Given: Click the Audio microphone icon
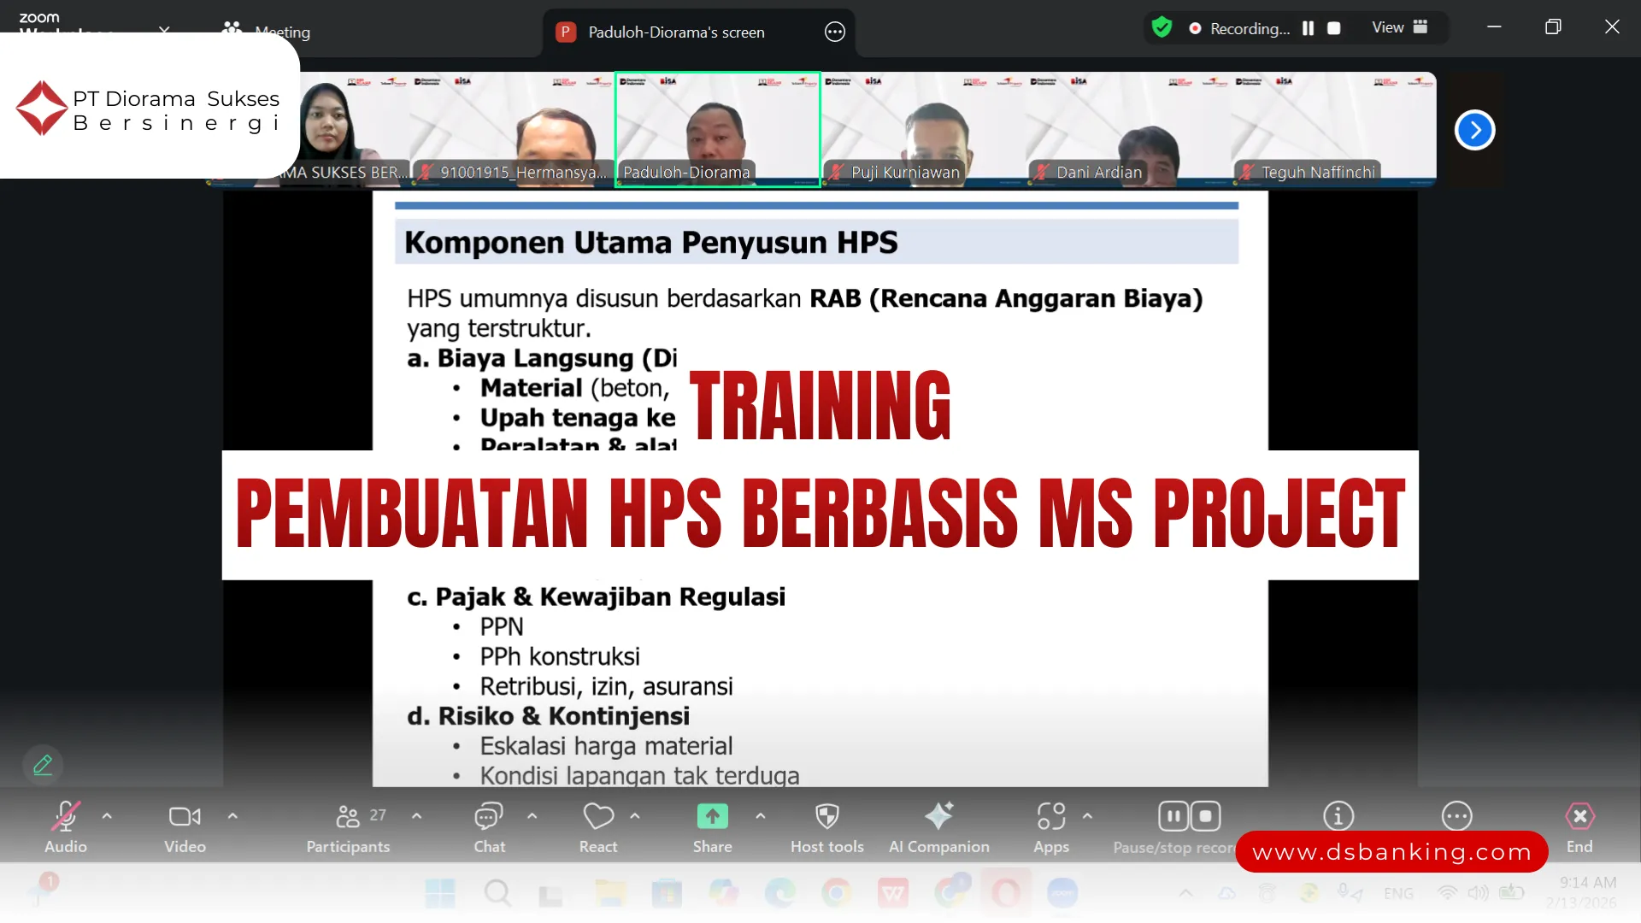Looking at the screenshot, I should tap(66, 817).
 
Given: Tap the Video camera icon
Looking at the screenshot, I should tap(185, 817).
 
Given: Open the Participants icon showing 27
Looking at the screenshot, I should tap(349, 817).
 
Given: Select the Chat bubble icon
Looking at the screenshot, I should tap(489, 817).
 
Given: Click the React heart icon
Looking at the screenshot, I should tap(598, 817).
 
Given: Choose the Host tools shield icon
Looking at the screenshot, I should tap(826, 817).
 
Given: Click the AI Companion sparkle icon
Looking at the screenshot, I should tap(938, 817).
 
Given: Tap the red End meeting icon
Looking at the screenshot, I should tap(1579, 817).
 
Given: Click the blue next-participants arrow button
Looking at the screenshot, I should tap(1474, 130).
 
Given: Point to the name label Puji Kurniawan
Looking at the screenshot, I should tap(905, 173).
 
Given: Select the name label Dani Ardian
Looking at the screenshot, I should tap(1098, 173).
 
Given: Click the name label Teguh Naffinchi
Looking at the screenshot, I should tap(1318, 173).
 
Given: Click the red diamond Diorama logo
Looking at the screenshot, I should tap(42, 109).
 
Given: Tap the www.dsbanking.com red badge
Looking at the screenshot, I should tap(1391, 852).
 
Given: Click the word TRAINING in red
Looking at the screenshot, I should tap(820, 406).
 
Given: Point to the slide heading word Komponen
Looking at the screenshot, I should tap(484, 243).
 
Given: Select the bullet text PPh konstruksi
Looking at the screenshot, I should tap(559, 656).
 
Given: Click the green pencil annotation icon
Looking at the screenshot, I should tap(43, 765).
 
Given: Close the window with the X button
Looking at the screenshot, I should tap(1612, 27).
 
